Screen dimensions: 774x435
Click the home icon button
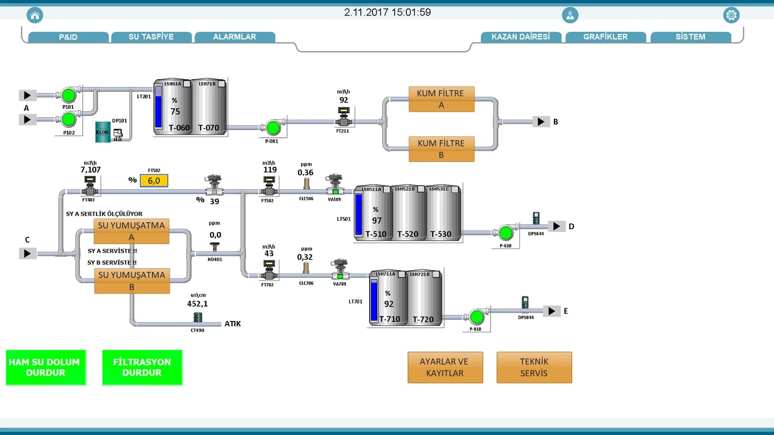click(x=35, y=15)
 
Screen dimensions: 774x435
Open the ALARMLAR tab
click(x=235, y=37)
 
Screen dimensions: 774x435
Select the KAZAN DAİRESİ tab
click(x=521, y=37)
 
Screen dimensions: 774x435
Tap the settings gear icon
click(x=731, y=15)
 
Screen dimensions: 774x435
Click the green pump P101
click(x=68, y=95)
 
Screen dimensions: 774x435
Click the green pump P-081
click(x=273, y=128)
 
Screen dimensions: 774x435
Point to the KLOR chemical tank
click(x=103, y=132)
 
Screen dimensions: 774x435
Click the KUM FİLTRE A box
click(x=441, y=99)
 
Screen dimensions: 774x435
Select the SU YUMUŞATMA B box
click(x=132, y=281)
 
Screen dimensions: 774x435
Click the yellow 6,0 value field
click(x=154, y=181)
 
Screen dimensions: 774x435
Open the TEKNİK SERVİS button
click(x=534, y=367)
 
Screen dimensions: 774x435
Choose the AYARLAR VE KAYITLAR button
click(x=445, y=367)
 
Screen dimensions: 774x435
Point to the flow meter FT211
click(x=343, y=116)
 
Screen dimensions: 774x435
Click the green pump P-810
click(x=477, y=317)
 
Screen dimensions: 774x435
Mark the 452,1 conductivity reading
click(x=197, y=304)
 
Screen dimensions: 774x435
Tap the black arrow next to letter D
click(x=556, y=226)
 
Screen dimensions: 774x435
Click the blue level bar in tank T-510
click(x=359, y=214)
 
